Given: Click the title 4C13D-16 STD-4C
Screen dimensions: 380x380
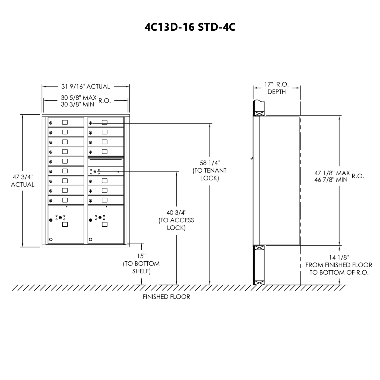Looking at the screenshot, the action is point(190,27).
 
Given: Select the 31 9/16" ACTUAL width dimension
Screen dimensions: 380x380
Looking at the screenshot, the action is point(85,87).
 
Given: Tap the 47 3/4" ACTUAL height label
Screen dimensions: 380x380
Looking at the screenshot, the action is point(23,180).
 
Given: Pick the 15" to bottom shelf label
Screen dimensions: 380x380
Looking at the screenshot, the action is point(141,264).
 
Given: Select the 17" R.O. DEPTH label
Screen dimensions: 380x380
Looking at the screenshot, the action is point(277,88).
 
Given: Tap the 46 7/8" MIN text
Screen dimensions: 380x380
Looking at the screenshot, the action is point(331,180).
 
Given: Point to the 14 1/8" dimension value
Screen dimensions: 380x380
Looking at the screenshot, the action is point(339,257).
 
